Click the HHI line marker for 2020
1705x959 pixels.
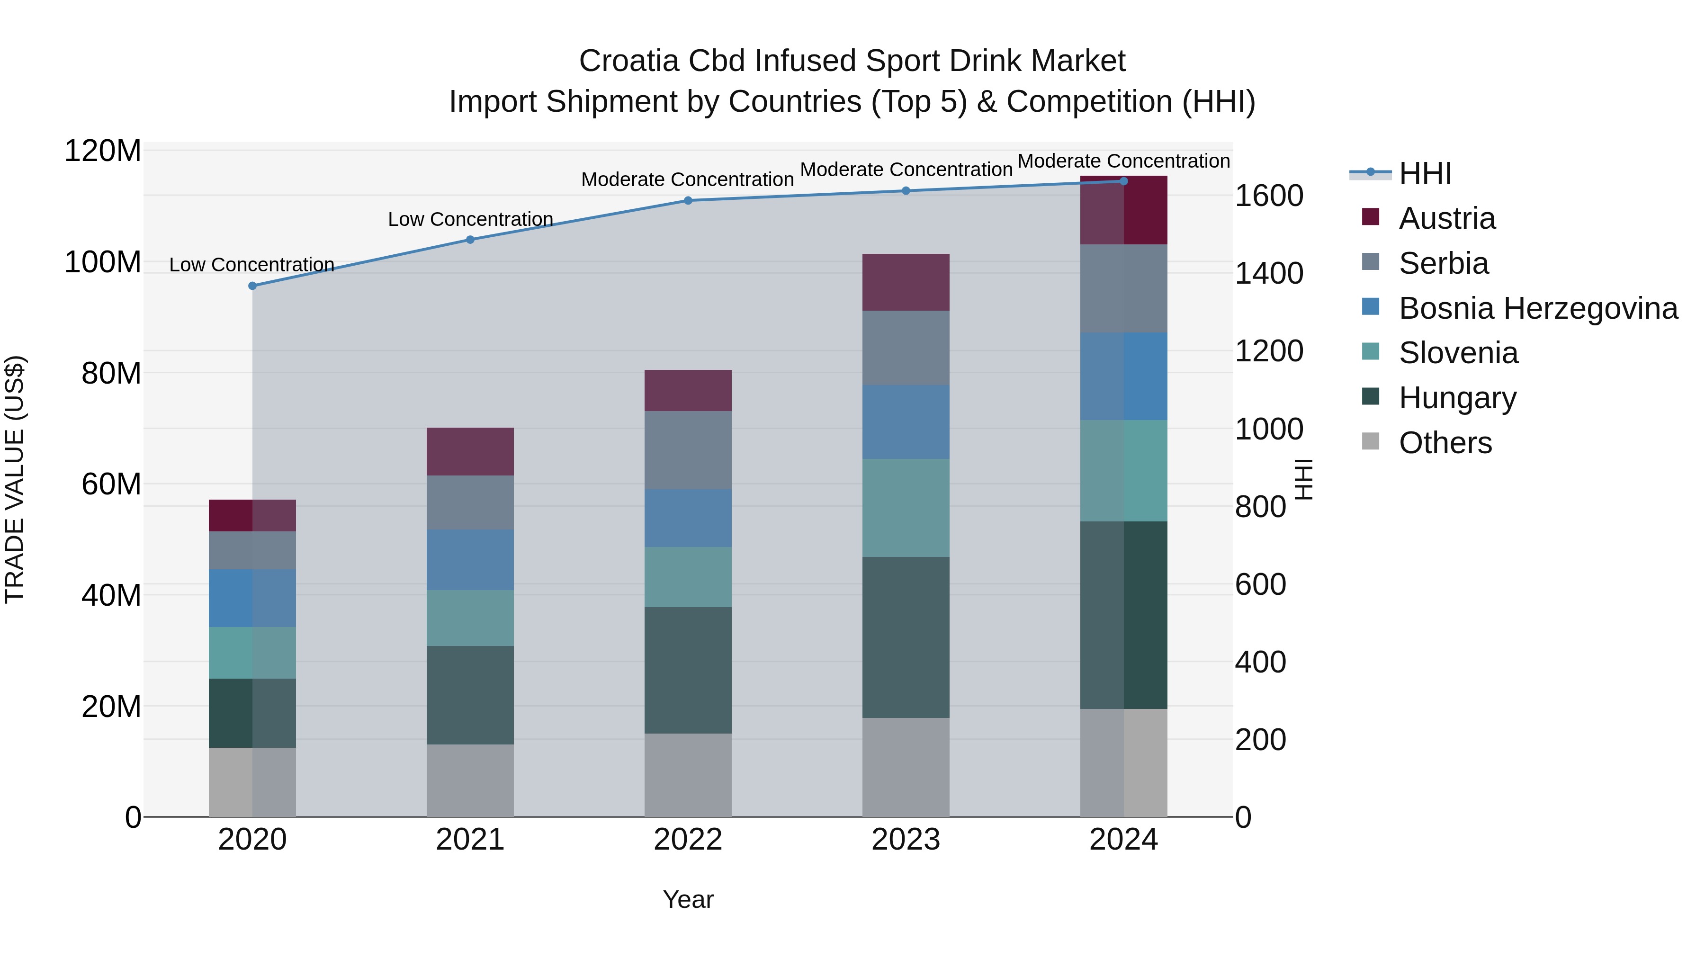[x=252, y=286]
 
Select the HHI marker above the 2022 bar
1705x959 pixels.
[x=688, y=200]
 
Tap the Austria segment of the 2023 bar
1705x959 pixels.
[x=906, y=283]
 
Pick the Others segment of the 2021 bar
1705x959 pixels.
[x=470, y=780]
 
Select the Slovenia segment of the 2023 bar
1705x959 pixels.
[x=906, y=508]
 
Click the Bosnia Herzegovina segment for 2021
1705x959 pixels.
[x=470, y=560]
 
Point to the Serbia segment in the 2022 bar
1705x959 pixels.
[x=688, y=450]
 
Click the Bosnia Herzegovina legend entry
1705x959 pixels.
[x=1537, y=308]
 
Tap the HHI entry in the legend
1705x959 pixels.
[x=1424, y=173]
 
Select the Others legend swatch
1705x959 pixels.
[x=1371, y=441]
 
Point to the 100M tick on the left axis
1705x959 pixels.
[x=103, y=262]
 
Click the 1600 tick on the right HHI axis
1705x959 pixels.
[x=1269, y=196]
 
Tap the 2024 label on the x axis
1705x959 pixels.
[x=1123, y=840]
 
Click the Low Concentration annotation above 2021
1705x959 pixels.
[x=470, y=219]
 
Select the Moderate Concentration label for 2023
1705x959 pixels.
[x=906, y=170]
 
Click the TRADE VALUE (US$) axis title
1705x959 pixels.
[x=15, y=479]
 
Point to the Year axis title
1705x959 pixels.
[x=688, y=899]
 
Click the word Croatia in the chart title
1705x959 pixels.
[x=629, y=61]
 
